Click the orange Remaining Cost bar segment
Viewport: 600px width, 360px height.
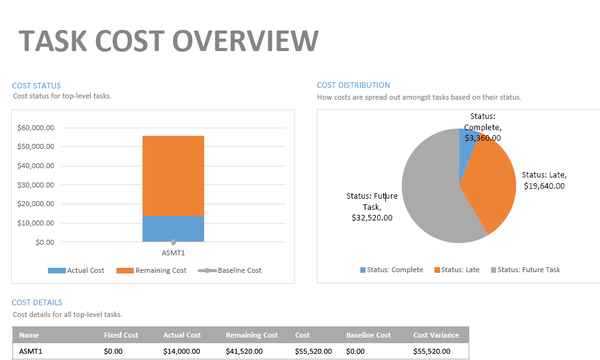pos(173,176)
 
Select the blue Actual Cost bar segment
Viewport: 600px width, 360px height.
pos(173,229)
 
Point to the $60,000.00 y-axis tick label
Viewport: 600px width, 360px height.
pos(35,128)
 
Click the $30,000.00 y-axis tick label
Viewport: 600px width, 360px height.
pos(35,185)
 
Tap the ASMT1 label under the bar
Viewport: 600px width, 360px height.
pos(173,253)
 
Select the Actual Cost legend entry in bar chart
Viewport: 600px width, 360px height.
pos(77,270)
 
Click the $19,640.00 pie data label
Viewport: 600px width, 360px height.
pos(544,186)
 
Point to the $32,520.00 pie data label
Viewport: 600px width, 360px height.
pos(372,217)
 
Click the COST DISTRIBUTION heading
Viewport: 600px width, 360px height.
pos(353,85)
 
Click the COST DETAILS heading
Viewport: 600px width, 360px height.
pos(37,303)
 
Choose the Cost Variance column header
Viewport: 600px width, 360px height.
pos(436,335)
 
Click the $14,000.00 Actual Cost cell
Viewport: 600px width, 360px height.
pos(181,351)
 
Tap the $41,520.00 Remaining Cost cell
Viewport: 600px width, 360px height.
pos(244,351)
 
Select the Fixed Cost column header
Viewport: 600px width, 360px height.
pos(121,335)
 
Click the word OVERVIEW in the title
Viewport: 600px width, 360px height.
pos(246,41)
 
